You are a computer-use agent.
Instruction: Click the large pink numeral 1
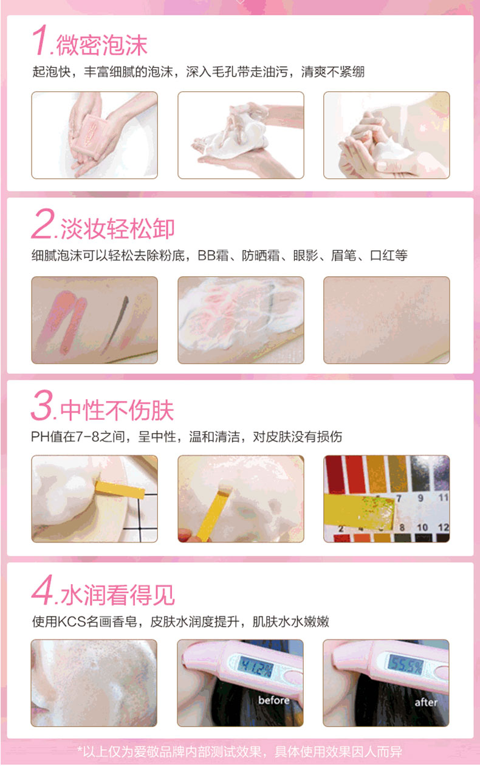click(x=40, y=40)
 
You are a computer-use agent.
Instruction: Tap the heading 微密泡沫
click(x=101, y=45)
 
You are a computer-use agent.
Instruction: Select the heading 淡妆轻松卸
click(x=117, y=228)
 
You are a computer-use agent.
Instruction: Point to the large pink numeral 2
click(x=43, y=223)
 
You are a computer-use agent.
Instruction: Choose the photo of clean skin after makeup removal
click(x=386, y=320)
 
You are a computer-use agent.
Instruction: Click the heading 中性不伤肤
click(x=117, y=409)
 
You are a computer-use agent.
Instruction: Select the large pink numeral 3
click(x=43, y=405)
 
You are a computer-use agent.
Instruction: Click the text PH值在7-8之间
click(x=78, y=437)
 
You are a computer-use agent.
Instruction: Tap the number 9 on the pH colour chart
click(x=420, y=498)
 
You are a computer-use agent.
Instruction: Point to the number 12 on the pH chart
click(x=443, y=527)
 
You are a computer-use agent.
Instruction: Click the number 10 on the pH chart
click(x=422, y=527)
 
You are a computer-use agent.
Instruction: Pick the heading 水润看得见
click(x=118, y=595)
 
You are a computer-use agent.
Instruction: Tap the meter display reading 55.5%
click(x=405, y=665)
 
